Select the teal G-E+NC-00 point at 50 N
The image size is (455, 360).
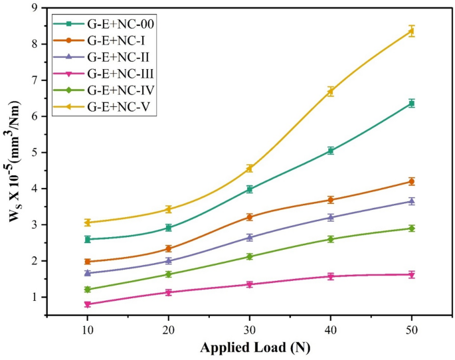point(412,103)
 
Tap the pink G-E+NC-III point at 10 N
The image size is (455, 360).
point(87,304)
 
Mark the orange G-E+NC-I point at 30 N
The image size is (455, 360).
point(250,217)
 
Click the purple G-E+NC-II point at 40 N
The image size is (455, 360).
point(331,217)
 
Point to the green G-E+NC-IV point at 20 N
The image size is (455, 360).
point(169,274)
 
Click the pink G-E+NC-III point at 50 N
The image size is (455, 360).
point(412,274)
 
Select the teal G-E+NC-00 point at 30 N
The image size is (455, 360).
point(250,189)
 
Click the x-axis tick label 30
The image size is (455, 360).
point(250,330)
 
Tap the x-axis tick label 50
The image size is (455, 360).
point(412,330)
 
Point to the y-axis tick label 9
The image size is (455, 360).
point(35,8)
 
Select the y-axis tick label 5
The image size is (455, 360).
point(35,153)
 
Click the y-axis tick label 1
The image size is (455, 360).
point(35,298)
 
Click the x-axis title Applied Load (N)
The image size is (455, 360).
point(250,347)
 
